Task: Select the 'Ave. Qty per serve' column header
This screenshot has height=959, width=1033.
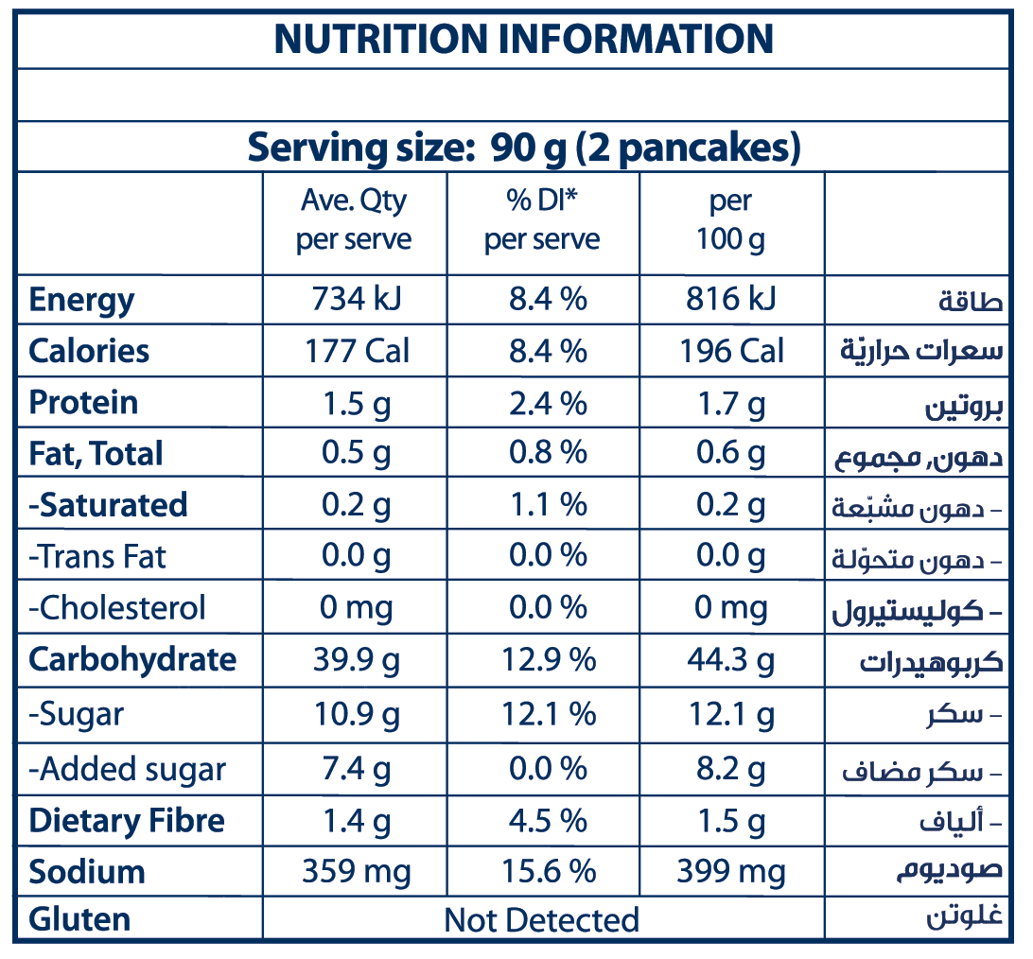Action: (354, 219)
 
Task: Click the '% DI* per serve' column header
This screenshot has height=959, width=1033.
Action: (542, 219)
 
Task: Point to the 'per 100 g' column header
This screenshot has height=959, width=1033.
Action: (730, 219)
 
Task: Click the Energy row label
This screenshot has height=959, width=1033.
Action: (81, 300)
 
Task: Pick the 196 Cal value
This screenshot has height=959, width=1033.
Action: (731, 351)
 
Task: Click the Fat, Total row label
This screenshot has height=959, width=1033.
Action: (96, 454)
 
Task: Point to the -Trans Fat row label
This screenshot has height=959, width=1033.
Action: (97, 556)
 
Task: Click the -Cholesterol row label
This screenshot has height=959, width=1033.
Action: (116, 607)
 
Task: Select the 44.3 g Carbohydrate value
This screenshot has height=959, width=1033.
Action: (731, 660)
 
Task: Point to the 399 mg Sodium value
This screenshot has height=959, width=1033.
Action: (731, 871)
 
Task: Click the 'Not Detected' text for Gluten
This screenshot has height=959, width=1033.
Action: (542, 919)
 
